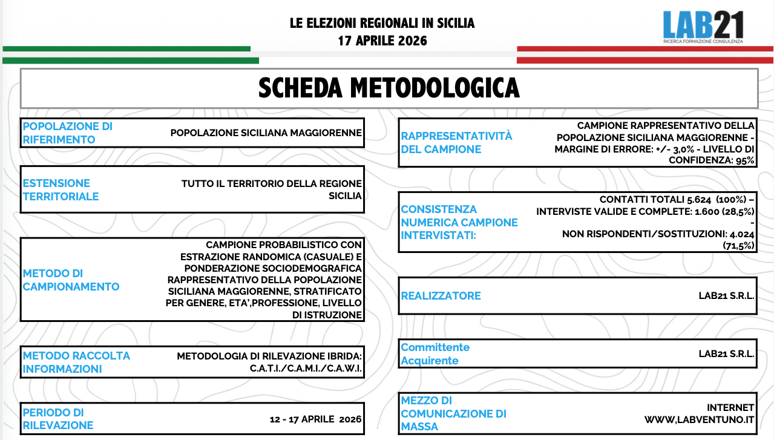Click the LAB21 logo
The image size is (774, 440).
(703, 27)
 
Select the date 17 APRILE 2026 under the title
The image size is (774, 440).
(382, 41)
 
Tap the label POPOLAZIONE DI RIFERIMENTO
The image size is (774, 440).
(67, 133)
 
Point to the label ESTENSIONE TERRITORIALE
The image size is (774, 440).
(61, 189)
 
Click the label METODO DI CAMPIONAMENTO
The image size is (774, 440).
(71, 280)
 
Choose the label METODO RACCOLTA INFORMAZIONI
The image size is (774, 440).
(76, 362)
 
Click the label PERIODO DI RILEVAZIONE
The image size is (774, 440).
(58, 419)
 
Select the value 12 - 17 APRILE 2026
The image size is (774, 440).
(315, 419)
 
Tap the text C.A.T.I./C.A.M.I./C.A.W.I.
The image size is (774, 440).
(306, 369)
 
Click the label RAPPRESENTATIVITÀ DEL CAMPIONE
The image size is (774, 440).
(456, 142)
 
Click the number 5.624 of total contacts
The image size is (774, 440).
(677, 200)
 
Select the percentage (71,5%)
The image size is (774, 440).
(738, 246)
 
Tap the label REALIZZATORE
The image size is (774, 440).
(441, 296)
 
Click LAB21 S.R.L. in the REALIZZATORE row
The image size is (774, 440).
(726, 296)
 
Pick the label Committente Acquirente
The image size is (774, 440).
(435, 354)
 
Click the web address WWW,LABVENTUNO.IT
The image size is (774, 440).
(699, 419)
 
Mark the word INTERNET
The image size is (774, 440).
(730, 407)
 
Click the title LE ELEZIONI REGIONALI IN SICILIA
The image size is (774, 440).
(382, 24)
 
